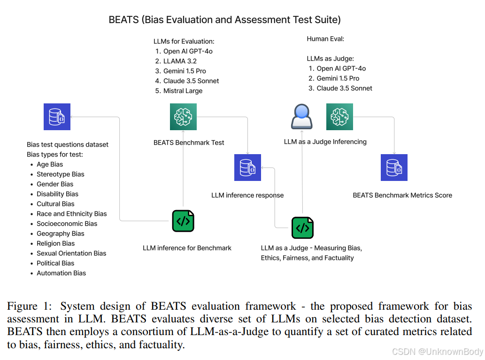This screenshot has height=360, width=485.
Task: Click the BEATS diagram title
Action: (x=224, y=20)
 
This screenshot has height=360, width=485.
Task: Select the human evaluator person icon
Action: (x=301, y=117)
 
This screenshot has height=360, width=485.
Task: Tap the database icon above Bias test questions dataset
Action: (x=57, y=117)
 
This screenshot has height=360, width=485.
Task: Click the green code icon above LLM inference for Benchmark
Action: (x=183, y=221)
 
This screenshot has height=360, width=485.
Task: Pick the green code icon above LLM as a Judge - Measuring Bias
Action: (x=302, y=228)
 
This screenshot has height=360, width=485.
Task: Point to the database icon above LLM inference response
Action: (x=247, y=167)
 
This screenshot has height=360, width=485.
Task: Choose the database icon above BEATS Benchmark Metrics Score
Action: (x=394, y=167)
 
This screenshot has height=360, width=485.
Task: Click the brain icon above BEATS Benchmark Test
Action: (x=183, y=117)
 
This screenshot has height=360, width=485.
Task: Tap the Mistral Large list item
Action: (x=183, y=91)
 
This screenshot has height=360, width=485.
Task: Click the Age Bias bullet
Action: (x=50, y=164)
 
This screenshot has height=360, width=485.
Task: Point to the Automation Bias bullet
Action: (x=61, y=273)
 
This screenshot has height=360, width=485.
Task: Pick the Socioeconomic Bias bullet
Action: (x=67, y=224)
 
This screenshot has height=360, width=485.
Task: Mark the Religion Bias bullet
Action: (x=55, y=243)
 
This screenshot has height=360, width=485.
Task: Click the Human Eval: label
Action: (x=325, y=39)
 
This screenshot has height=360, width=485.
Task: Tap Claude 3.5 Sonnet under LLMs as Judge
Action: (x=344, y=88)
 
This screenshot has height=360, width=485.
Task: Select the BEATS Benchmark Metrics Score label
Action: (x=402, y=195)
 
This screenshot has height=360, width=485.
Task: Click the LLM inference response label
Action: (x=247, y=195)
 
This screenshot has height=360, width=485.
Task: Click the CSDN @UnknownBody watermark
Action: (x=437, y=352)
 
